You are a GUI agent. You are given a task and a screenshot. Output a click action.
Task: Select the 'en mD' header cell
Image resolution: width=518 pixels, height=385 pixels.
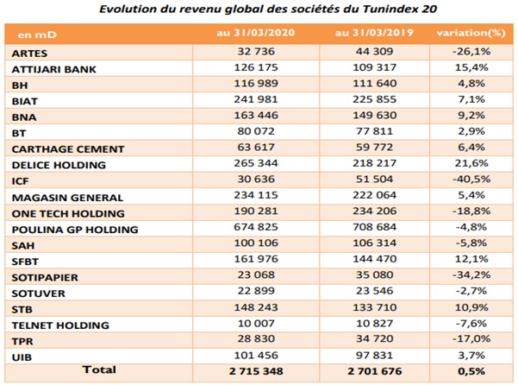pos(37,35)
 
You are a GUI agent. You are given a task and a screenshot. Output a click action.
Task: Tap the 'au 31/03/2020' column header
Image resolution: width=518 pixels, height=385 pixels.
pos(256,33)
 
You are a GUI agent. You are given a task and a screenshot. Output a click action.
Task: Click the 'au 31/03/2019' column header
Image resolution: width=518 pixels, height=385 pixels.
pos(374,33)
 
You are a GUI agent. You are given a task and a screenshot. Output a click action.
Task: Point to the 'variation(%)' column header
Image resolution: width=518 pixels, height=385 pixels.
pos(471,33)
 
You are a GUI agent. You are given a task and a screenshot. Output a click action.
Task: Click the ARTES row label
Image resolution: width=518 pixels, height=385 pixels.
pos(29,54)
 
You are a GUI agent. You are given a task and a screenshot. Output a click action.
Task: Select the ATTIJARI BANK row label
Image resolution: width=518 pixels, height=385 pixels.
pos(53,69)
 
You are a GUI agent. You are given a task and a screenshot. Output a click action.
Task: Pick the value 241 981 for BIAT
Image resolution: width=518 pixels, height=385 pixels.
pos(256,99)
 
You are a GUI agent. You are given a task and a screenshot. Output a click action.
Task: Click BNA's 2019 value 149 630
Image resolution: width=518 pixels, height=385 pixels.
pos(374,115)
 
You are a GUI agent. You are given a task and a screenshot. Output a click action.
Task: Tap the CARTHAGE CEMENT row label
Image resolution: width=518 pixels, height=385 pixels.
pos(68,149)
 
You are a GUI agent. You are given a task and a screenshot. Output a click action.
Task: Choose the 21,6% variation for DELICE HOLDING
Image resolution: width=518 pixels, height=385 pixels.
pos(471,163)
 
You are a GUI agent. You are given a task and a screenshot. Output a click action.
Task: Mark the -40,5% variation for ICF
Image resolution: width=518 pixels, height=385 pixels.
pos(471,179)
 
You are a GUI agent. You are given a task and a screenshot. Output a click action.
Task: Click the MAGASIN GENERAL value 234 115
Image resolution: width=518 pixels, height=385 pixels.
pos(256,195)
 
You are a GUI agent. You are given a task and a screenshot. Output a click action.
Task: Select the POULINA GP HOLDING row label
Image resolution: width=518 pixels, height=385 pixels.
pos(75,230)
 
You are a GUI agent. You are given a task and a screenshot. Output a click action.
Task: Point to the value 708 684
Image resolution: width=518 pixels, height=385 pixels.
pos(374,227)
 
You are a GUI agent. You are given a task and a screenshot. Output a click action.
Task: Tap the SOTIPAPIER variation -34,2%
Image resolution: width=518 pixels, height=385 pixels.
pos(471,275)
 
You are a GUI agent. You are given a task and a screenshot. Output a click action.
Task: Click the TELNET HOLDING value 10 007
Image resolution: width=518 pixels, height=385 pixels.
pos(256,323)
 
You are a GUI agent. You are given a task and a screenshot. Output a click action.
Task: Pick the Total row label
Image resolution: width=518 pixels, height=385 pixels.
pos(99,369)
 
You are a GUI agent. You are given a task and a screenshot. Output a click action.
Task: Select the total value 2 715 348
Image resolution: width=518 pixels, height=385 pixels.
pos(256,371)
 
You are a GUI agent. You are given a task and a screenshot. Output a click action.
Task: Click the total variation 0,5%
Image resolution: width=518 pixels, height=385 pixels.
pos(471,371)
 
